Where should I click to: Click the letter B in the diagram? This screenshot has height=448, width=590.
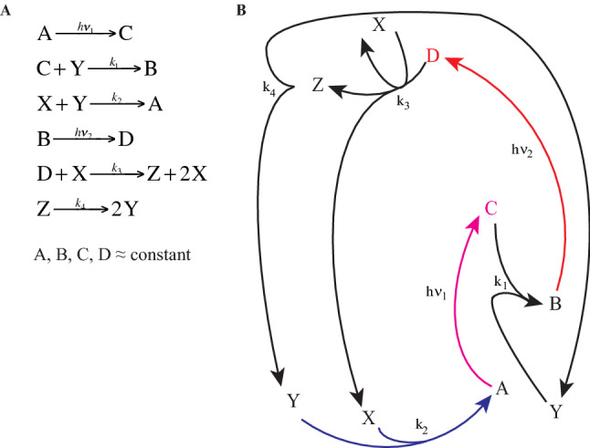tap(554, 305)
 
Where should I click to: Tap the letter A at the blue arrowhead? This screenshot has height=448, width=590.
tap(500, 388)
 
